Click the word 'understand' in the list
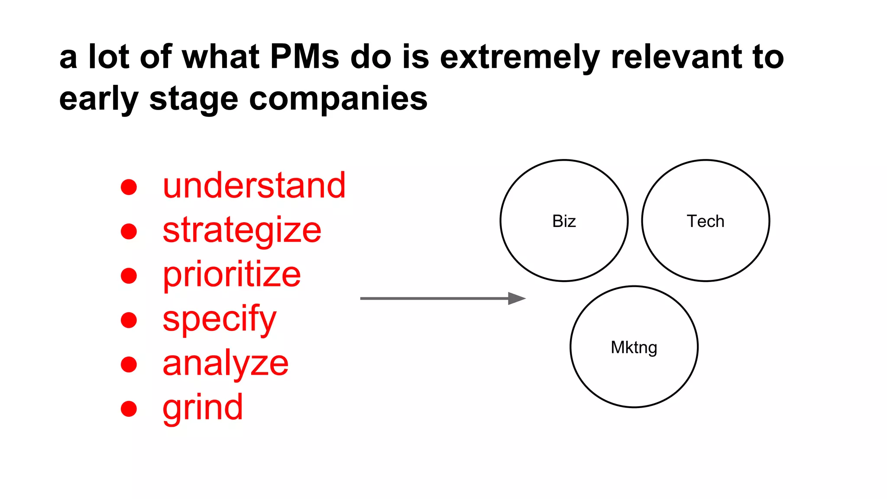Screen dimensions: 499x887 tap(254, 186)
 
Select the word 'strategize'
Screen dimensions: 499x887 tap(242, 230)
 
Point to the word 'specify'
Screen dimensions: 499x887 tap(219, 319)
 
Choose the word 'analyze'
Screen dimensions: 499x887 tap(225, 363)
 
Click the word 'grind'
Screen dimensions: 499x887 tap(203, 408)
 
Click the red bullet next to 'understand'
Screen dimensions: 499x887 tap(129, 187)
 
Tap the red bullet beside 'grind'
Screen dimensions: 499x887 tap(129, 408)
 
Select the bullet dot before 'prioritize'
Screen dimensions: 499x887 tap(129, 276)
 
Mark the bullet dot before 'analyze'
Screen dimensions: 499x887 tap(129, 364)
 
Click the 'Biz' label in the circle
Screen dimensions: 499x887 tap(564, 221)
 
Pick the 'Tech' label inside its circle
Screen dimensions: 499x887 tap(705, 221)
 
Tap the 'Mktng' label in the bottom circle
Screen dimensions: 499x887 tap(634, 347)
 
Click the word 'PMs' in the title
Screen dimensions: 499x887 tap(304, 57)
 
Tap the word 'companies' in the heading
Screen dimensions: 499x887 tap(338, 99)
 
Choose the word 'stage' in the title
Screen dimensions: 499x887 tap(194, 99)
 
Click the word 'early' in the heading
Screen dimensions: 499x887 tap(99, 99)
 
